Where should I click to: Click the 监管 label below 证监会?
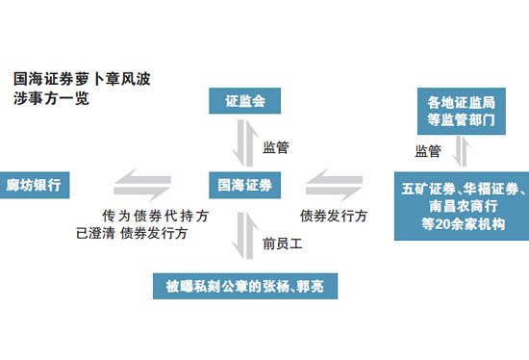[276, 148]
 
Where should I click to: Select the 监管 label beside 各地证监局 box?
[428, 151]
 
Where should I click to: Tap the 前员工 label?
[281, 243]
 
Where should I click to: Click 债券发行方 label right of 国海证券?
[333, 216]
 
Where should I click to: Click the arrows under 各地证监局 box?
[461, 151]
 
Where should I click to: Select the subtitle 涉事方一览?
[50, 97]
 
